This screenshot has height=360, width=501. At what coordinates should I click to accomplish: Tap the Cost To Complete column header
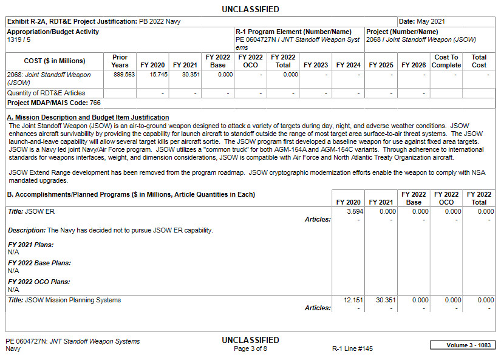point(446,61)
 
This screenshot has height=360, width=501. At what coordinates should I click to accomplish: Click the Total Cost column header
point(479,61)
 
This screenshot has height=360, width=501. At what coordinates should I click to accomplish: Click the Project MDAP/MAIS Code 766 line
point(53,103)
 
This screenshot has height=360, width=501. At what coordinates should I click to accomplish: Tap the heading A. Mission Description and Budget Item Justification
point(88,117)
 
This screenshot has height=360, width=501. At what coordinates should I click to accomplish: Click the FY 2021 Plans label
point(30,245)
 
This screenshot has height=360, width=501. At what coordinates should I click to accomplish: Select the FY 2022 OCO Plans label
point(39,282)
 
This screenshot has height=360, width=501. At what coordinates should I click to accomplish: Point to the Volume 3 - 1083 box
point(462,345)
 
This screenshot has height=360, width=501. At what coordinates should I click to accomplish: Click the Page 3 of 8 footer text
point(250,349)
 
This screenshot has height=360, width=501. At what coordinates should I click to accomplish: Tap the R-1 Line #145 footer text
point(352,349)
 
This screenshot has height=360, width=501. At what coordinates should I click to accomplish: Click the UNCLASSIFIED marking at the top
point(250,9)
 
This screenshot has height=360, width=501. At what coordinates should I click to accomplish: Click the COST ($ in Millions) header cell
point(46,61)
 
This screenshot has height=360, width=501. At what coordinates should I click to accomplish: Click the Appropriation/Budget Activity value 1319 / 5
point(19,39)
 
